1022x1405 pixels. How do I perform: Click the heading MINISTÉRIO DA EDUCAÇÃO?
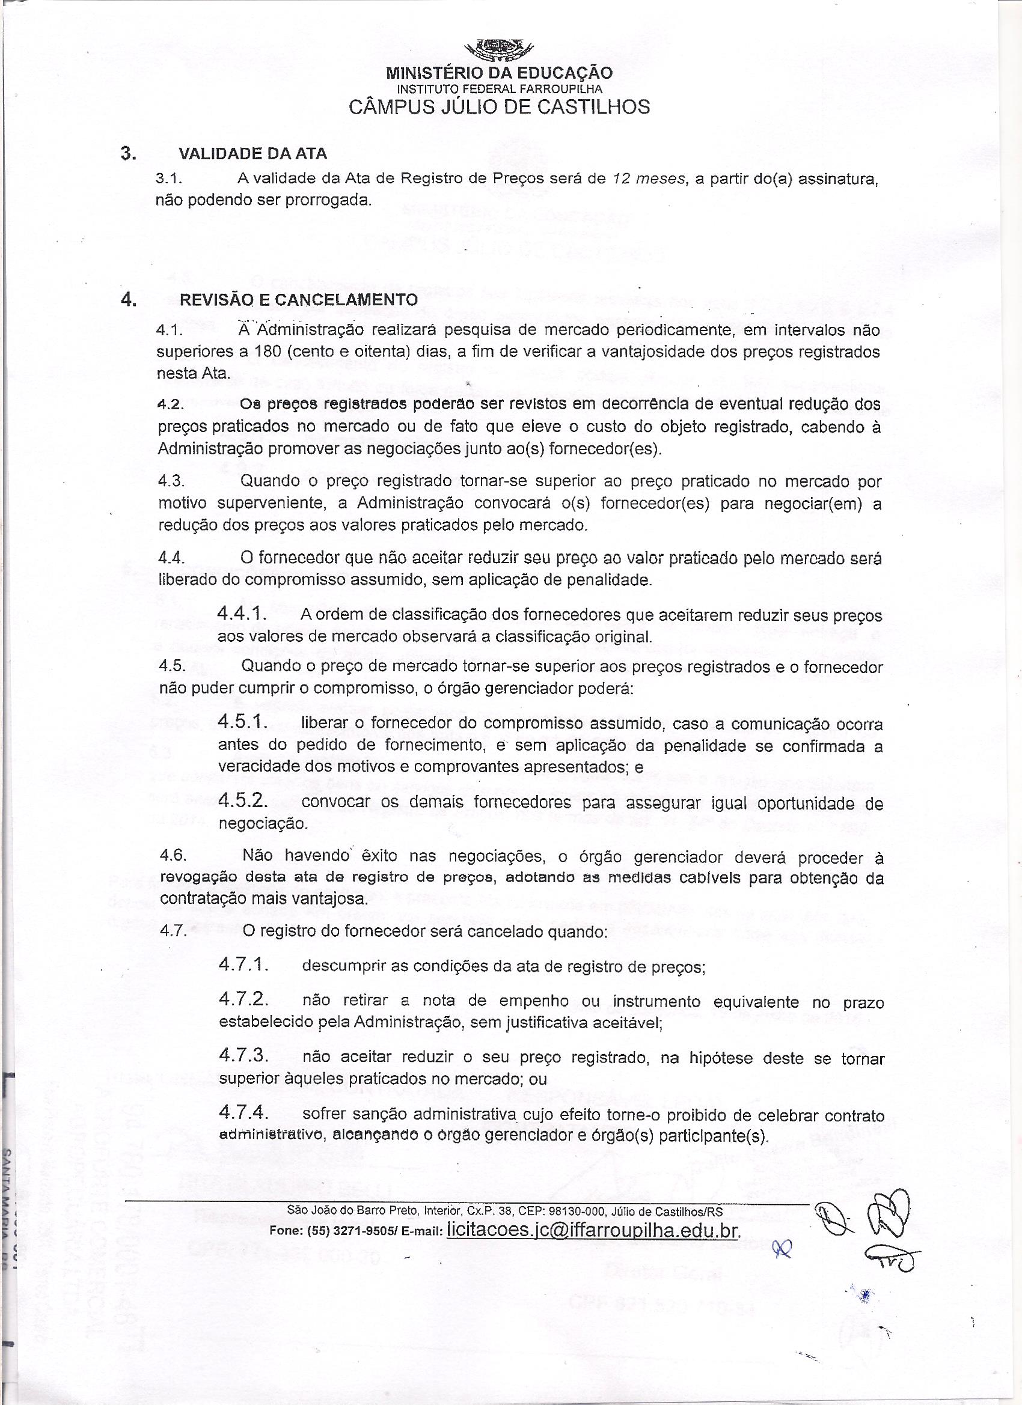(500, 73)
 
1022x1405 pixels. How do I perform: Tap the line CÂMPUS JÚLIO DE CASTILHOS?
(500, 107)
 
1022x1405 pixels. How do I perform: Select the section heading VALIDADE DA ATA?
(253, 153)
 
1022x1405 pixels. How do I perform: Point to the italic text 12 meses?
(648, 180)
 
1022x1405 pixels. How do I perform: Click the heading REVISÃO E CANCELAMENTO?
(298, 300)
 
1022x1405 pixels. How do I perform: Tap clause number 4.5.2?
(243, 801)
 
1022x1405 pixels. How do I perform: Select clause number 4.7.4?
(243, 1113)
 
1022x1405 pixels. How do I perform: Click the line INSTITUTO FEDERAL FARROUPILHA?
(500, 89)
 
